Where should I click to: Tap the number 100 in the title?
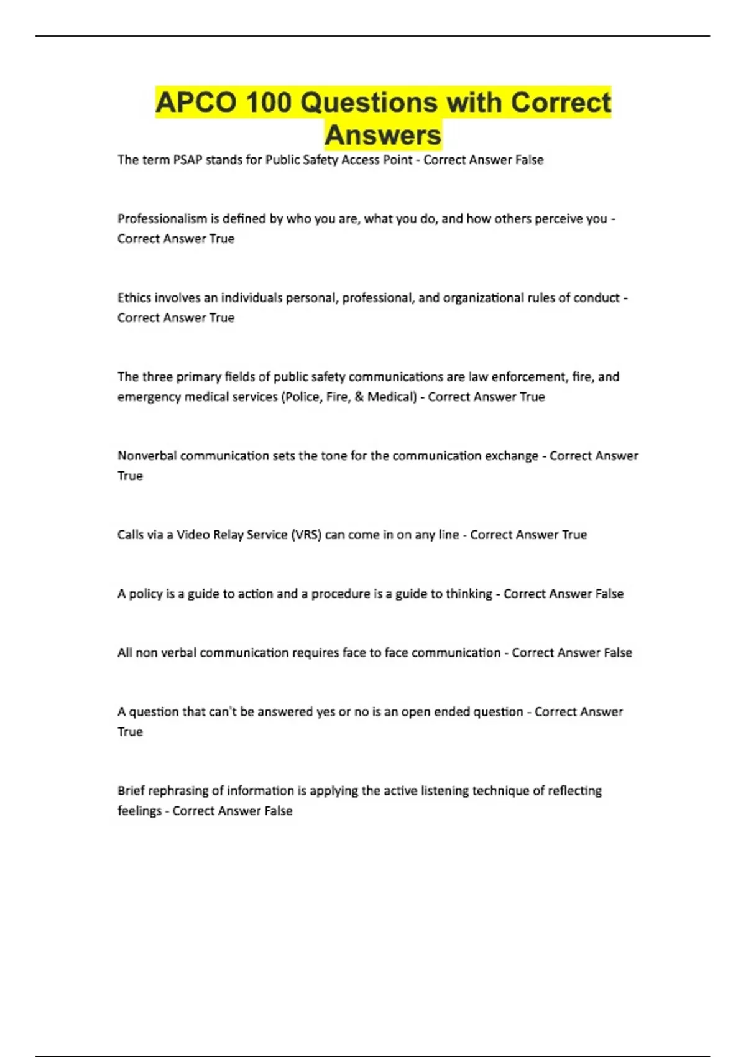(268, 103)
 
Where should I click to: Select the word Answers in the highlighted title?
(383, 135)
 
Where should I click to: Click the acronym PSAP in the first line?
(187, 160)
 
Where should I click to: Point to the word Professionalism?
(162, 219)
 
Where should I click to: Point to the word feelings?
(139, 811)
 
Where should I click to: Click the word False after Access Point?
(529, 160)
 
